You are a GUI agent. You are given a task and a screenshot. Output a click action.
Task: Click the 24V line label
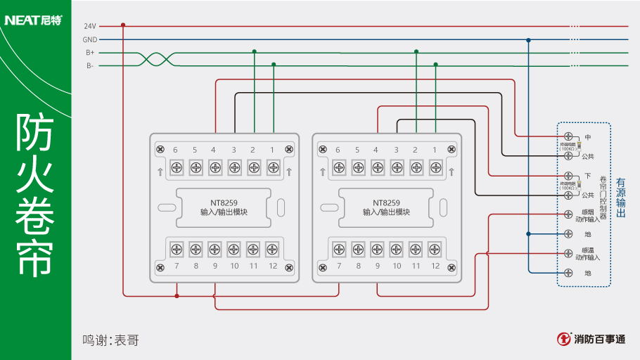tap(89, 26)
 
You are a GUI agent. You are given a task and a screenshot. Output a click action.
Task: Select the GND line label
tap(89, 39)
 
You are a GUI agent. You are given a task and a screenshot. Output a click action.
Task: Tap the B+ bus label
tap(90, 53)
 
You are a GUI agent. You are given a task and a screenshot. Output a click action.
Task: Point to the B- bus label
tap(90, 65)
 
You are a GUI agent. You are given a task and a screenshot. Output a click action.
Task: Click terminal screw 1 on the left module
tap(273, 167)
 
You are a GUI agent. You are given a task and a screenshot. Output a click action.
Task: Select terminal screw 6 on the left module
tap(176, 167)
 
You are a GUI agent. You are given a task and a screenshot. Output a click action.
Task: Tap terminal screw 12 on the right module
tap(435, 249)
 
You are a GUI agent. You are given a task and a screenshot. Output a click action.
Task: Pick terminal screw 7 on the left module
tap(176, 249)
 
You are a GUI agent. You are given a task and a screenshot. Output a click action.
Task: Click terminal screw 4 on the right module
tap(377, 167)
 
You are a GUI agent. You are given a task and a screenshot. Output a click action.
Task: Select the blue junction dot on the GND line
tap(528, 40)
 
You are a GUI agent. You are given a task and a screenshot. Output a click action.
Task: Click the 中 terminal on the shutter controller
tap(568, 136)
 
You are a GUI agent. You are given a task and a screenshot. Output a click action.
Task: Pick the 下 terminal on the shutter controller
tap(568, 175)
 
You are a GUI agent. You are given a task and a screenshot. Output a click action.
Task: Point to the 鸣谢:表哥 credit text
tap(110, 340)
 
